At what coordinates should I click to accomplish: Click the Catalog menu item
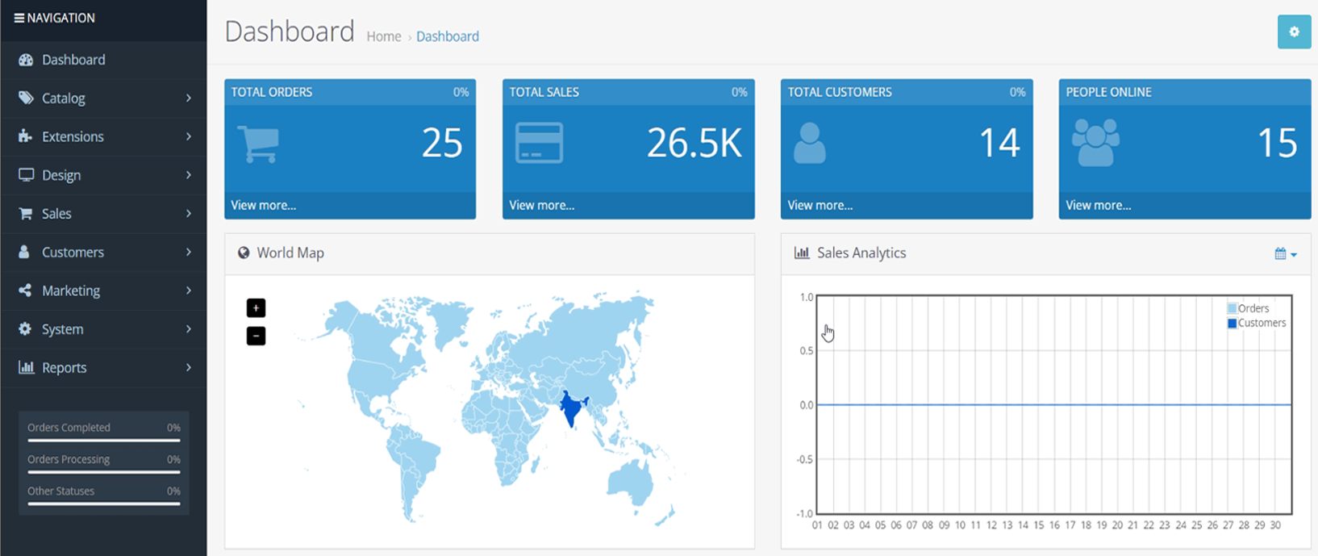coord(63,98)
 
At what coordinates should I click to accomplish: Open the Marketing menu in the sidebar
coord(71,291)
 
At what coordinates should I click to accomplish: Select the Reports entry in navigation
coord(64,368)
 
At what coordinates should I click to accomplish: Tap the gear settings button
coord(1294,32)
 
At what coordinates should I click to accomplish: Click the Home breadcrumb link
coord(383,36)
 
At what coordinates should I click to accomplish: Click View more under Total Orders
coord(264,206)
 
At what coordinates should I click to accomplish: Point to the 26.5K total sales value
coord(694,144)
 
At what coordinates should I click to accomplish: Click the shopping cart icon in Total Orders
coord(258,144)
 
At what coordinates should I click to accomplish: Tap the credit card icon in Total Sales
coord(539,144)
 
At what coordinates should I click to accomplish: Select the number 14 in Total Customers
coord(999,144)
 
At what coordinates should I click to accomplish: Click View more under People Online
coord(1098,206)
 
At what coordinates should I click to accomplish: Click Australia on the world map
coord(631,484)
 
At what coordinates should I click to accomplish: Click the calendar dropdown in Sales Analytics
coord(1285,254)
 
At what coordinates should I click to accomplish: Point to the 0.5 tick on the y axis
coord(807,351)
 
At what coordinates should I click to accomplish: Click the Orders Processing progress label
coord(69,459)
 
